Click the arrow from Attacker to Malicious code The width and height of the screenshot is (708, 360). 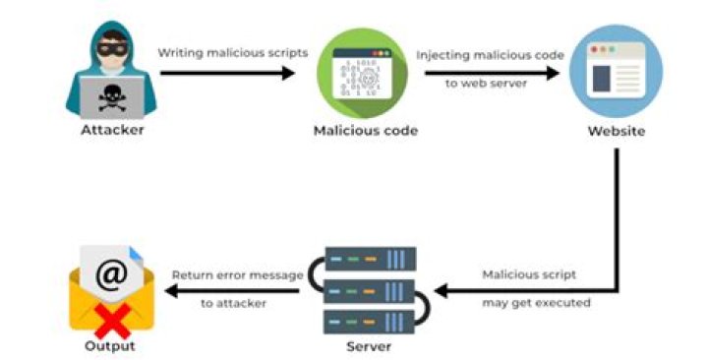(x=227, y=73)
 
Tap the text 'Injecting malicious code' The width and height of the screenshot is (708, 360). (x=490, y=54)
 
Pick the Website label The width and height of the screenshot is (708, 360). (x=617, y=130)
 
